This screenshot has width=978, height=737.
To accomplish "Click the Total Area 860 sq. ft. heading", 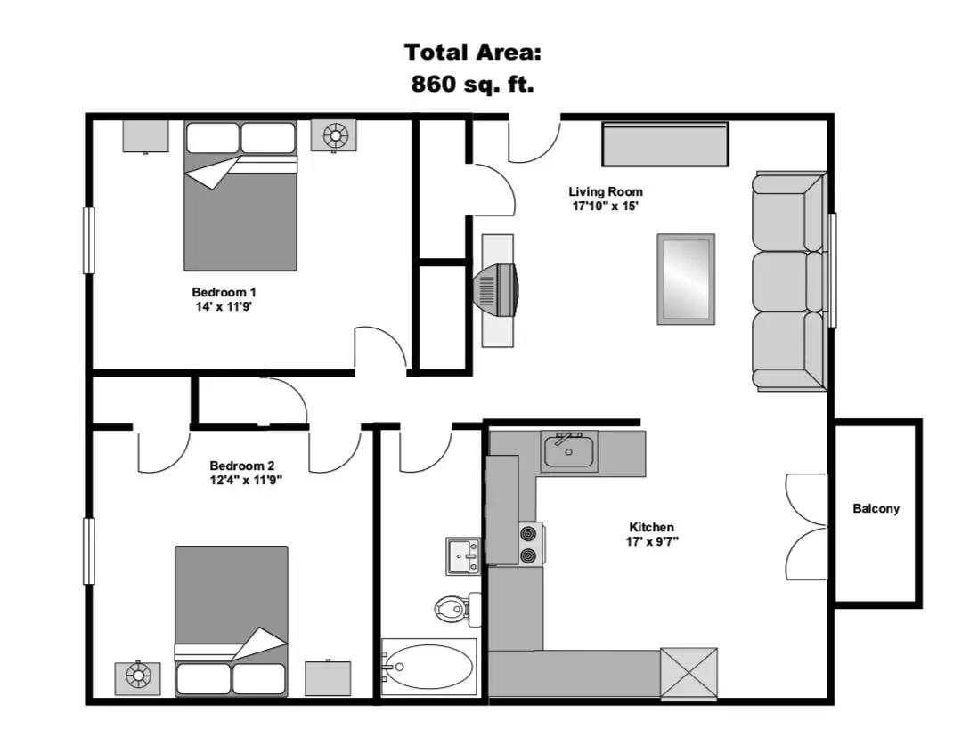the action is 472,68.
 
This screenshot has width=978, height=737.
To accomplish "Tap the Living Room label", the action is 605,191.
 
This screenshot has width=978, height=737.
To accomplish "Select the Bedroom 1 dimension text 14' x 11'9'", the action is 224,306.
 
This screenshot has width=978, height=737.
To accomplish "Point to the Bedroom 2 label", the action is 242,466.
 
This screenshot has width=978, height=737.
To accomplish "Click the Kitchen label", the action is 651,527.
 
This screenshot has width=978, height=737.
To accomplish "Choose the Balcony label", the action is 876,508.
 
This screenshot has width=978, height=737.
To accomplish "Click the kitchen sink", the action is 568,450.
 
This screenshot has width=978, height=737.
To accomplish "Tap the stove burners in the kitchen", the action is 530,544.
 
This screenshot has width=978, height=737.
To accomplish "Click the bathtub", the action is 428,667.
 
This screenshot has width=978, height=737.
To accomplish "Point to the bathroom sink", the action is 462,555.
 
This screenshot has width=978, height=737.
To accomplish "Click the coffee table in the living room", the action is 686,279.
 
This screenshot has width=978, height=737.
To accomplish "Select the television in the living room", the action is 497,290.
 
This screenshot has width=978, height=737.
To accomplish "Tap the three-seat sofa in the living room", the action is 789,280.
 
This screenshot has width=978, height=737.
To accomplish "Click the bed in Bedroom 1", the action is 240,195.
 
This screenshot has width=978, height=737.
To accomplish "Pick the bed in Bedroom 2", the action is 232,621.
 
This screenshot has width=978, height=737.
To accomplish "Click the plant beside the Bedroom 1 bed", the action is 334,135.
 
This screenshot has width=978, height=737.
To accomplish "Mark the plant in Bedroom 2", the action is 137,677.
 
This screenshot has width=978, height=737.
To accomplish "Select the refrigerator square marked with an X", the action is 689,673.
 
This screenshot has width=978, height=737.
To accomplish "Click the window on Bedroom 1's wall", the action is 89,240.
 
